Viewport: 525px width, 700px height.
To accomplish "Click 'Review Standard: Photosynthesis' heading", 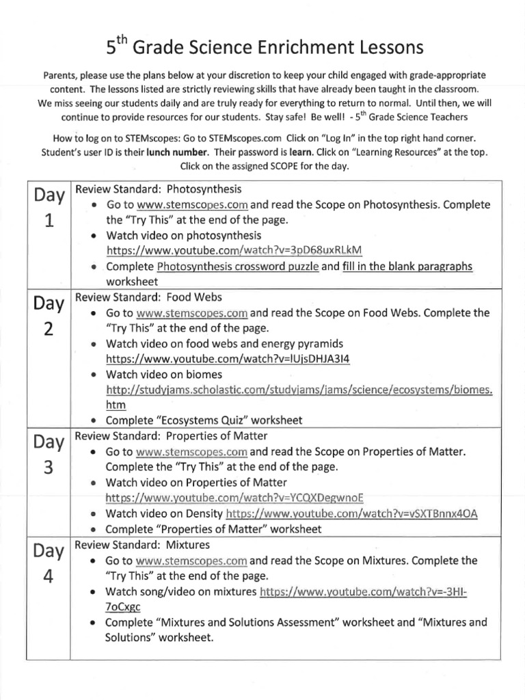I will [158, 189].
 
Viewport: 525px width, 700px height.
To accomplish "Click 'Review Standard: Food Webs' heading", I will [148, 297].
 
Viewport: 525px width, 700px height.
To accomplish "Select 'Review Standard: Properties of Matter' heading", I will [171, 435].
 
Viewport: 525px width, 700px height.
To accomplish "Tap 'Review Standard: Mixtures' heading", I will [142, 545].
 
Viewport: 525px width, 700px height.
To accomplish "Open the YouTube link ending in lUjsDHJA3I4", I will [232, 358].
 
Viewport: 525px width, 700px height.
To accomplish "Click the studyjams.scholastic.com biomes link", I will [299, 390].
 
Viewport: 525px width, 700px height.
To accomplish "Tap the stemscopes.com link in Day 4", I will [191, 561].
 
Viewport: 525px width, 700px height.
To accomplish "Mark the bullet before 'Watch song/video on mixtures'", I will [95, 591].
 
